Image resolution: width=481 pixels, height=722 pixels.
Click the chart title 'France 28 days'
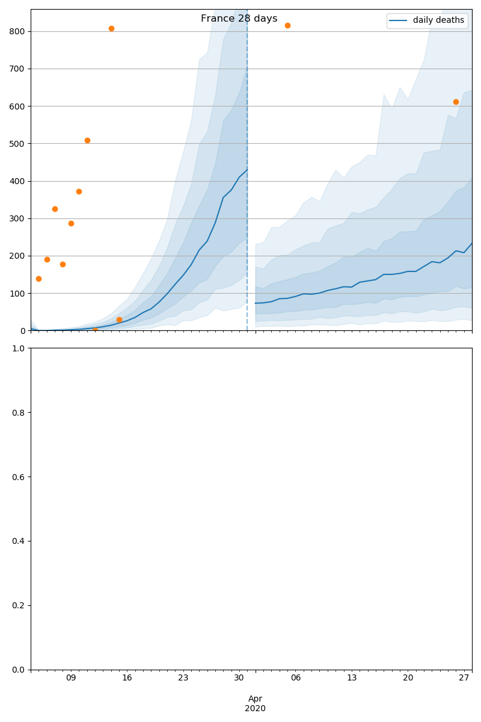(x=239, y=19)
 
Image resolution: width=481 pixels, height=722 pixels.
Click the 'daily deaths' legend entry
(x=438, y=20)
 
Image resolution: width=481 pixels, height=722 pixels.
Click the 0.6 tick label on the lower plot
(x=18, y=477)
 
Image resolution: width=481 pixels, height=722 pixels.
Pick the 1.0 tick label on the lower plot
(x=18, y=348)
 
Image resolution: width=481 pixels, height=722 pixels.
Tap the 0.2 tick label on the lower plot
(x=18, y=605)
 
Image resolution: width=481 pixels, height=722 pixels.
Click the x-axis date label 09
(x=71, y=678)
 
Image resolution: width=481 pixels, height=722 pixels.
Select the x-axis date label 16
(x=127, y=678)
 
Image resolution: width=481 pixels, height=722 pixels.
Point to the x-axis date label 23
(x=183, y=678)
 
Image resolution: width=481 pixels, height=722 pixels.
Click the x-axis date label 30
(x=239, y=678)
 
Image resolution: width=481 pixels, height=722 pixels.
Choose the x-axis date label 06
(x=295, y=678)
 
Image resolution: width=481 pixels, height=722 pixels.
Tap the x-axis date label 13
(x=352, y=678)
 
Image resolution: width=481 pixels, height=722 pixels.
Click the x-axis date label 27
(x=464, y=678)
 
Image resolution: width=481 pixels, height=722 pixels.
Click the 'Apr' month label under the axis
(x=256, y=699)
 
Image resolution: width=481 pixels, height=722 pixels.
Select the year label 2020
(x=256, y=708)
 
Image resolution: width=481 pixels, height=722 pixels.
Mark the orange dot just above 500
(x=87, y=140)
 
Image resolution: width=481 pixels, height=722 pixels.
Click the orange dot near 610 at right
(x=456, y=102)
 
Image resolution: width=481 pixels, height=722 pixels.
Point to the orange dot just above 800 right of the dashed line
(x=287, y=25)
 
